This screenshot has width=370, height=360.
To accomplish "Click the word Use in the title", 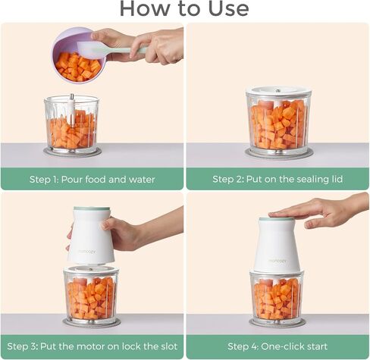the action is (228, 8).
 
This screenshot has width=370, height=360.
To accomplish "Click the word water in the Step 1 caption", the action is (142, 180).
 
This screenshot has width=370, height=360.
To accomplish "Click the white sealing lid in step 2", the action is (278, 92).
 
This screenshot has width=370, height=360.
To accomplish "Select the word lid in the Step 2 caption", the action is (337, 179).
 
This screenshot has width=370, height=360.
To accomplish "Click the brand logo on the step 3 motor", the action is (86, 252).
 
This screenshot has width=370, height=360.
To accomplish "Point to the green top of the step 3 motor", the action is (92, 209).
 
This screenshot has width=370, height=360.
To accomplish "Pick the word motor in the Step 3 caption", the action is (91, 346).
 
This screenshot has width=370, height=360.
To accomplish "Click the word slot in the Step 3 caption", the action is (169, 346).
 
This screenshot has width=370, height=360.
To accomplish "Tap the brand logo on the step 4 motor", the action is (277, 261).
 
